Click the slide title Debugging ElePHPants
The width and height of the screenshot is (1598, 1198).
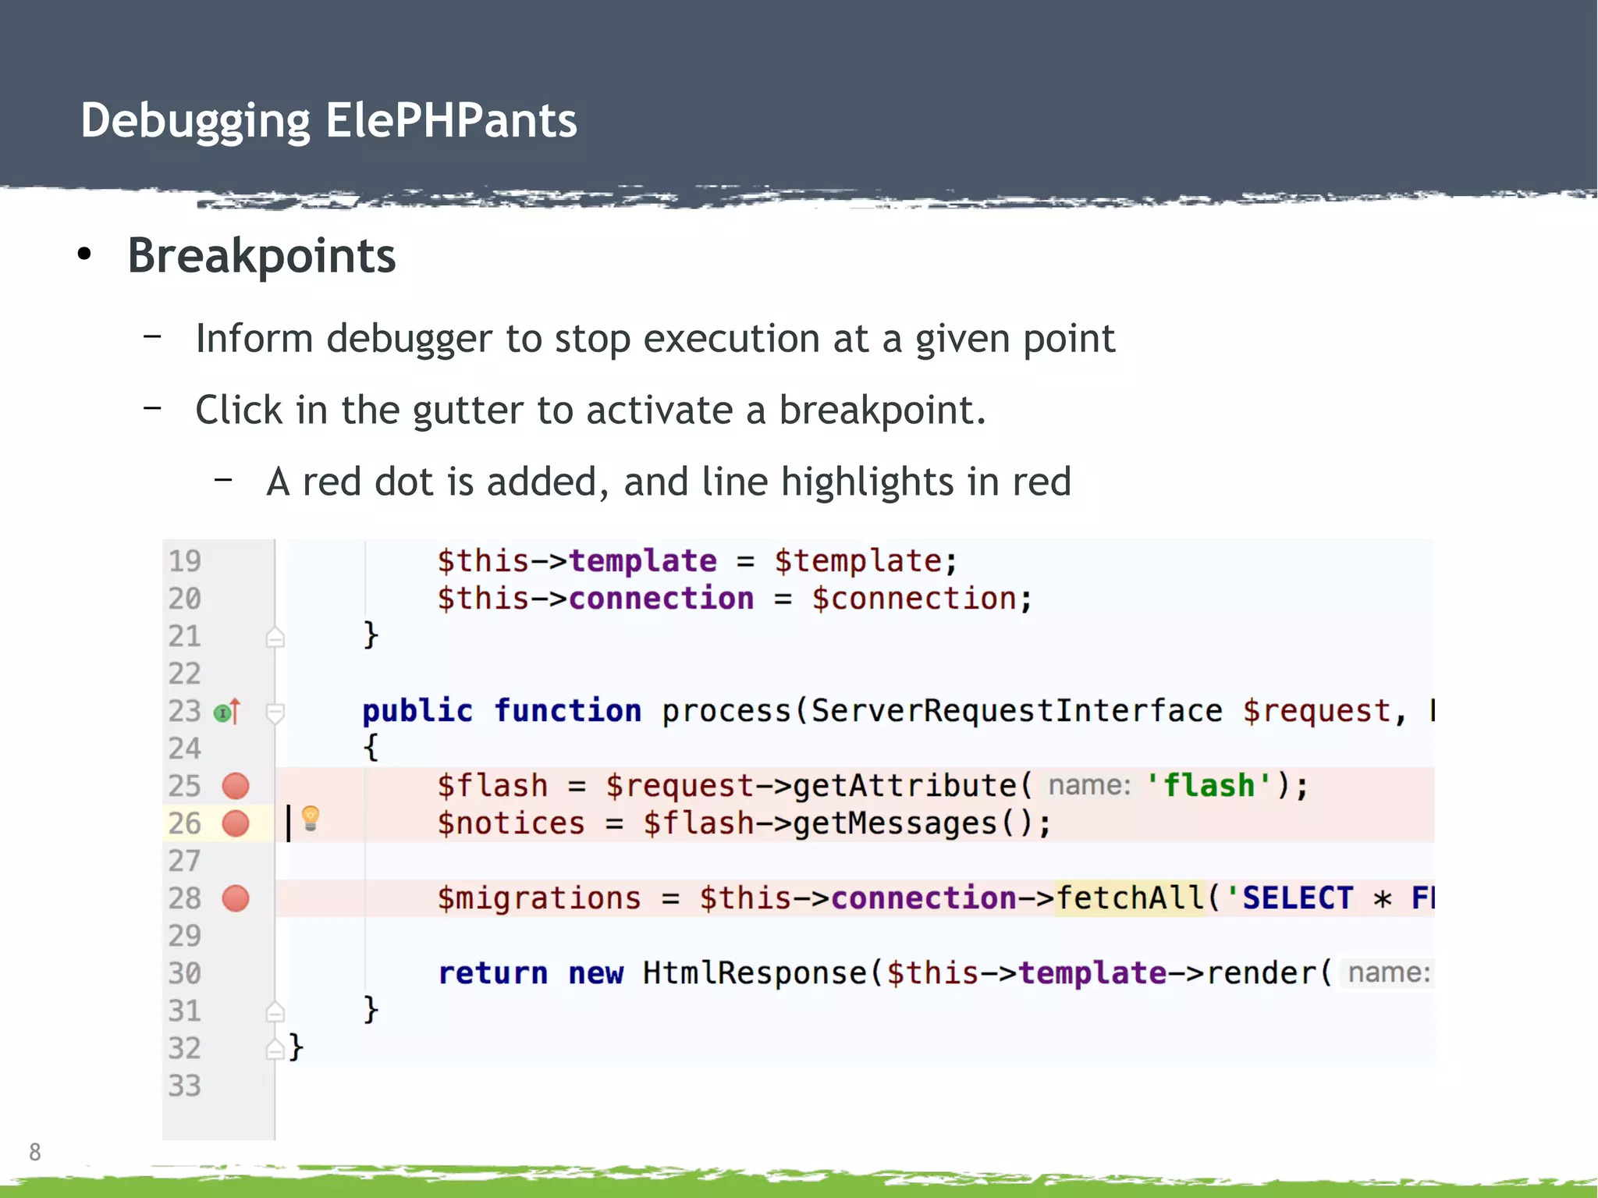click(328, 121)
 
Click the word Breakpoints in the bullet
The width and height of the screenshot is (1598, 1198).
click(261, 256)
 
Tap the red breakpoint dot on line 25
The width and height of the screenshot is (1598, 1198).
click(236, 786)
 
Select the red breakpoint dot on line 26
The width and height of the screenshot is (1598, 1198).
click(236, 823)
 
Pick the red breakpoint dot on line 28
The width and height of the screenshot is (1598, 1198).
click(236, 898)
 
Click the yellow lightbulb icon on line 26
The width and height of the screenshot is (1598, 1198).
click(311, 818)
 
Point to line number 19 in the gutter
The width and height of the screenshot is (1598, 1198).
click(185, 561)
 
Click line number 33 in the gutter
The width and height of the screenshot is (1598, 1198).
click(185, 1086)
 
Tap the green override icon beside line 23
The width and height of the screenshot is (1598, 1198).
click(223, 712)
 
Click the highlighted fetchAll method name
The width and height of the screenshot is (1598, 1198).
click(1129, 898)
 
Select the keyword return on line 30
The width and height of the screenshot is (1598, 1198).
click(492, 973)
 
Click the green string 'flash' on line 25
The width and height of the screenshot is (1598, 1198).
click(1209, 786)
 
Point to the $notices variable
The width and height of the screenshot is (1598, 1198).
click(510, 823)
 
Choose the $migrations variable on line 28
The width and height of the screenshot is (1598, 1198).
click(538, 898)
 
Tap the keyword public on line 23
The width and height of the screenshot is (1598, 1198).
click(417, 711)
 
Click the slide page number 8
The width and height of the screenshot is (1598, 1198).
click(35, 1152)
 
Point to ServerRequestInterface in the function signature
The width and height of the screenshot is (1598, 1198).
click(1017, 711)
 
